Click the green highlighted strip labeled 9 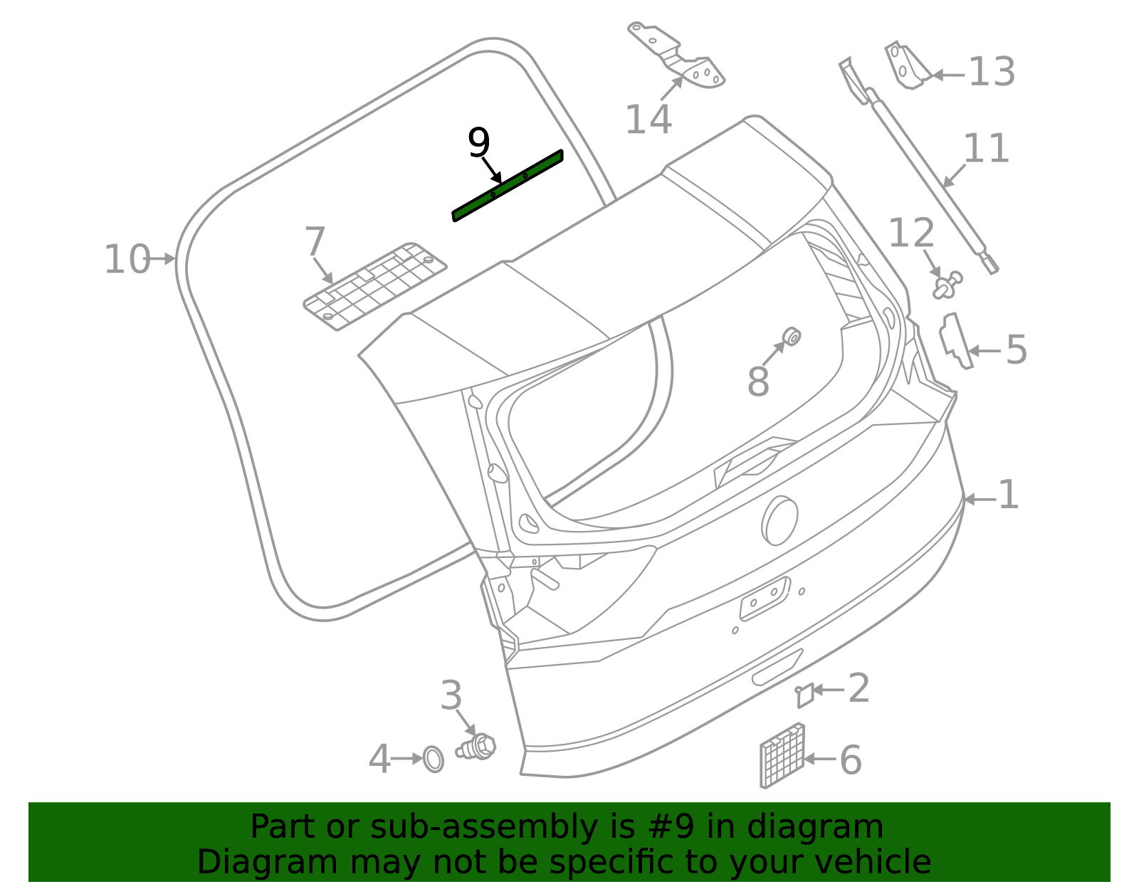coord(508,186)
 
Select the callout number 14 coord(648,119)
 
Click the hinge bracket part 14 coord(680,61)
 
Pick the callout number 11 coord(986,149)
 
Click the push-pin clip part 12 coord(947,285)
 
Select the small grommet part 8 coord(790,337)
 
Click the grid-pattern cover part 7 coord(375,285)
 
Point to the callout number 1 coord(1008,495)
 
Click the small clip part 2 coord(805,695)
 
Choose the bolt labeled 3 coord(478,746)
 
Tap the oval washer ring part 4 coord(433,759)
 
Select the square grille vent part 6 coord(782,755)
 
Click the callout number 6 coord(850,759)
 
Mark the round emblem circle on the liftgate coord(780,520)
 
